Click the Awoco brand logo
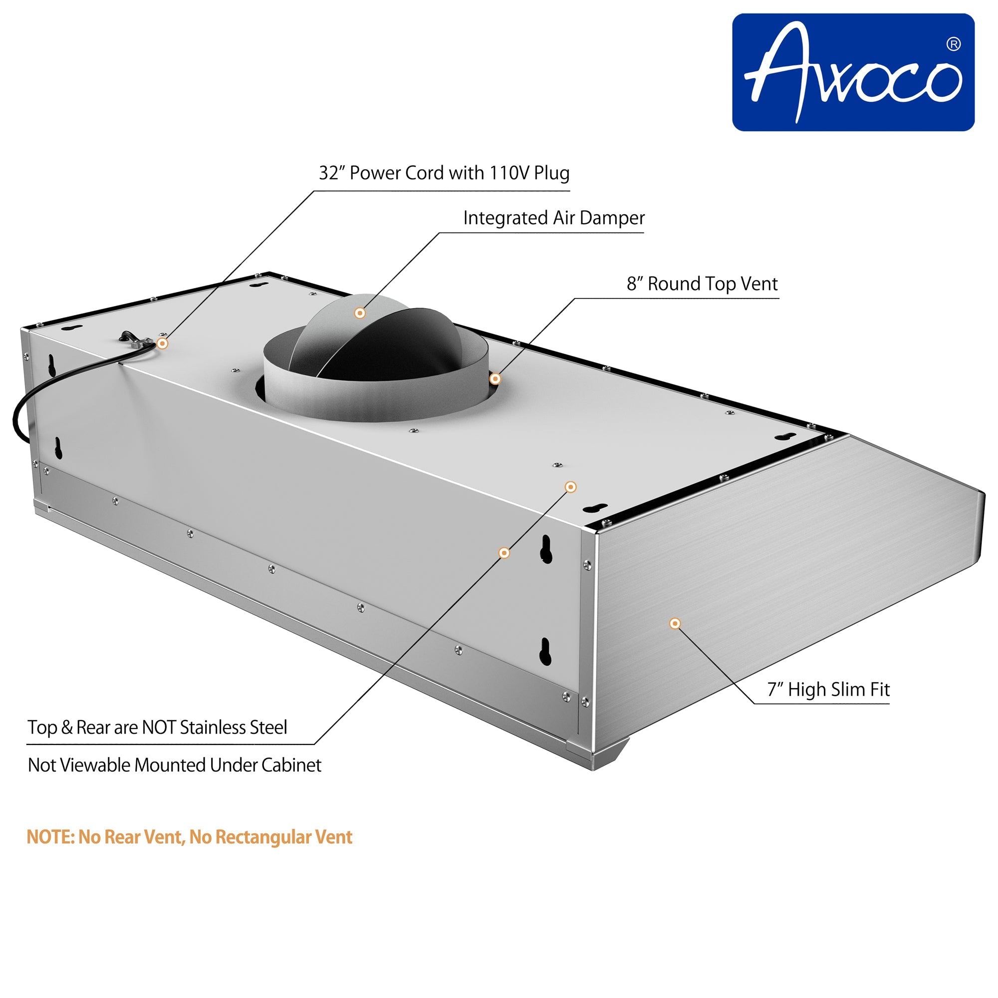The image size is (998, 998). pyautogui.click(x=853, y=72)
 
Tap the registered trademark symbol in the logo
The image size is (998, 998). pyautogui.click(x=954, y=44)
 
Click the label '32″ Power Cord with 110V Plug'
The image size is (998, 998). pyautogui.click(x=444, y=173)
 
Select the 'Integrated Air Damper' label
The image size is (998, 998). pyautogui.click(x=554, y=218)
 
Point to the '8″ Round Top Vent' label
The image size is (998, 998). pyautogui.click(x=703, y=283)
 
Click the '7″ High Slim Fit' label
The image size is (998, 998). pyautogui.click(x=828, y=690)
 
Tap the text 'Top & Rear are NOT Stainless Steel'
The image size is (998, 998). pyautogui.click(x=157, y=728)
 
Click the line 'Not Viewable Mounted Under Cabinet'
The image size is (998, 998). pyautogui.click(x=175, y=765)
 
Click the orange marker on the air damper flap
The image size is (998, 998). pyautogui.click(x=360, y=313)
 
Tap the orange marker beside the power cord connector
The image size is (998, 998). pyautogui.click(x=162, y=343)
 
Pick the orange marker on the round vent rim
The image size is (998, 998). pyautogui.click(x=495, y=379)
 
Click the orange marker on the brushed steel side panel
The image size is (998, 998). pyautogui.click(x=675, y=623)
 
